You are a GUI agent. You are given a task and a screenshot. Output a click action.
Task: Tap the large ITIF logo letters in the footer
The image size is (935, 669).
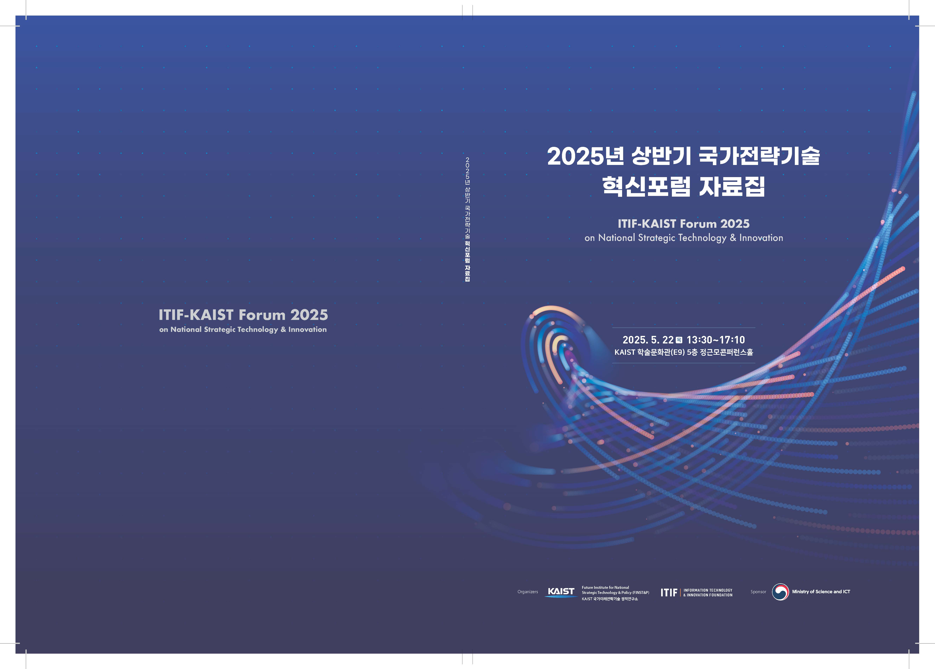(x=669, y=592)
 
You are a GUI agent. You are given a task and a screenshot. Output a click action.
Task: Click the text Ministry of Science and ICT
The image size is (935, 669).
(x=821, y=592)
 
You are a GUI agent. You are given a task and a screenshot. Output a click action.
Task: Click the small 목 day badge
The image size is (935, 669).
(x=679, y=340)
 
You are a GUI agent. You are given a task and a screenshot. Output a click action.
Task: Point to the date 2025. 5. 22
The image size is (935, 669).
(x=648, y=340)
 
